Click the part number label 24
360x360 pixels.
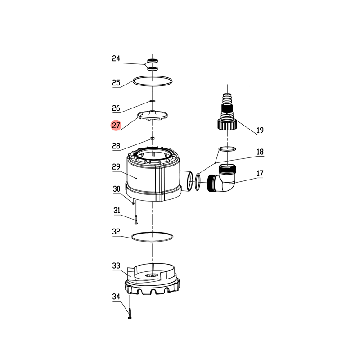coord(116,58)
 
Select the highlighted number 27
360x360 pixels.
coord(116,126)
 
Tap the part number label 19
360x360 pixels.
coord(260,130)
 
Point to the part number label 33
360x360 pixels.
coord(116,266)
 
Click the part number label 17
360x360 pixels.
coord(260,173)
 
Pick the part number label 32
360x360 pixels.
coord(116,232)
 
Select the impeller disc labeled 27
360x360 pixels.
coord(153,116)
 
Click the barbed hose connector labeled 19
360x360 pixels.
coord(226,112)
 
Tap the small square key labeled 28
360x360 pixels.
coord(153,138)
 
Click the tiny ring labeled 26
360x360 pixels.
coord(153,101)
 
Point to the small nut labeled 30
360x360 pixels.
coord(134,203)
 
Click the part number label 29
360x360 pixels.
coord(116,167)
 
